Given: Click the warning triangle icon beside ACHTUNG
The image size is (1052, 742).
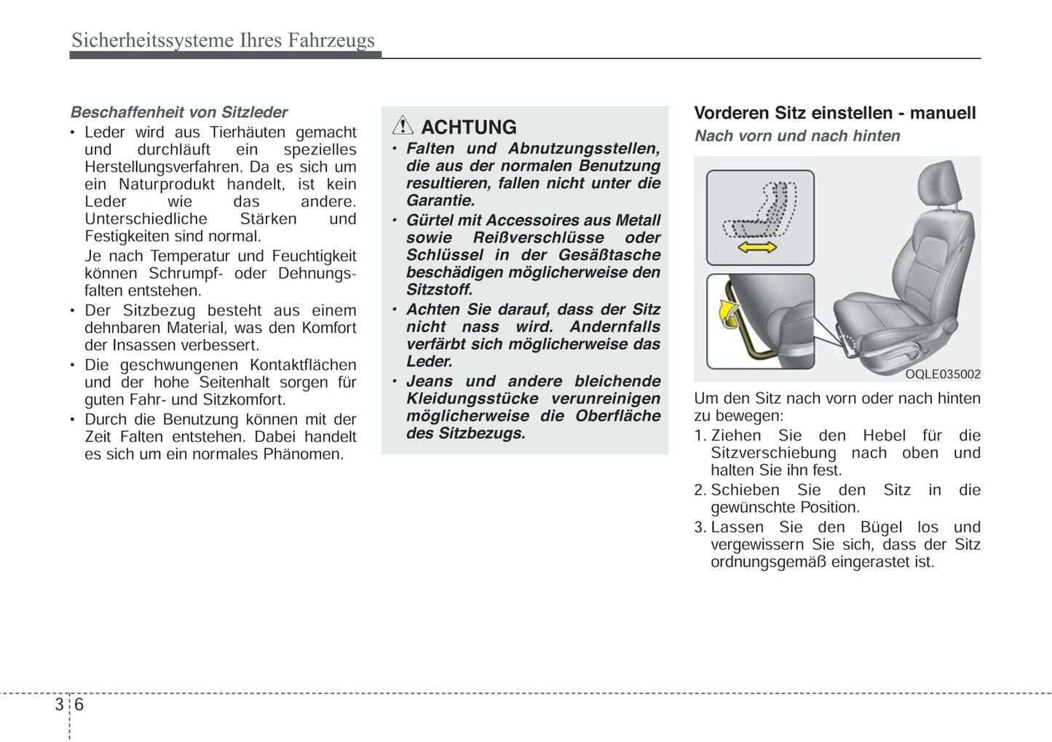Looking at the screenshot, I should pos(403,126).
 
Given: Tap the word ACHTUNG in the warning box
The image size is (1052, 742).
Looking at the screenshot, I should pos(469,127).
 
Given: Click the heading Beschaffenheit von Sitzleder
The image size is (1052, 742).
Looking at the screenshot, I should pos(179,112).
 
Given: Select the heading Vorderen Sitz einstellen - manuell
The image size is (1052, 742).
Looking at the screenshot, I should pos(834,113).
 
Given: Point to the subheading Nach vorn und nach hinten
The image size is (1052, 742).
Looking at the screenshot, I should pos(797,136).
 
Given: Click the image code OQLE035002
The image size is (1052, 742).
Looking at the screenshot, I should pos(943,374).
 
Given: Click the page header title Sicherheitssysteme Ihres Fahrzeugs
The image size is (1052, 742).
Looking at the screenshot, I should pos(223,40).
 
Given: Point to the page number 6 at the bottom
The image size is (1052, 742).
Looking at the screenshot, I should pos(79,705).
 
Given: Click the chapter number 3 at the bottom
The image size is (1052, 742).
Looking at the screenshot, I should pos(59,705).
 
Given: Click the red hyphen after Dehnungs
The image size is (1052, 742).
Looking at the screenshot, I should pos(354,275).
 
